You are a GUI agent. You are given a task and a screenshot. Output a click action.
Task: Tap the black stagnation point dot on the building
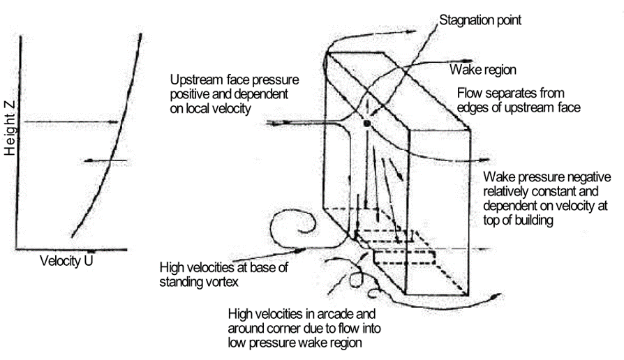pos(366,123)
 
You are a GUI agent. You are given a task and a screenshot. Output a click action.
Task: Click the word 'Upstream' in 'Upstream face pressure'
pos(194,78)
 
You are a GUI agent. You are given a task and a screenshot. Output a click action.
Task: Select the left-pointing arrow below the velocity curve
pos(105,161)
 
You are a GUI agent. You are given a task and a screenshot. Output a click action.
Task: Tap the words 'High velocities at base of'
pos(223,267)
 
